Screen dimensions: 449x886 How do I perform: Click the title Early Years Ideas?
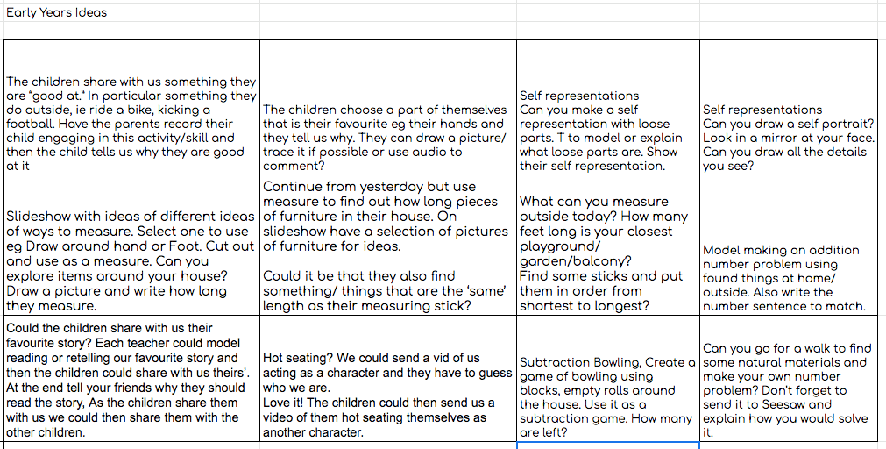[x=56, y=13]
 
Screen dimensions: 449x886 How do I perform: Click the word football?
[x=31, y=124]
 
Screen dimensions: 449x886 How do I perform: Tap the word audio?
[x=425, y=152]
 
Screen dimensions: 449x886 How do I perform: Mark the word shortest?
[x=550, y=306]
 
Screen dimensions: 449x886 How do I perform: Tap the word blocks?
[x=539, y=390]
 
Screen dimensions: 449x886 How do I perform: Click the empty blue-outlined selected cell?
[x=607, y=445]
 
